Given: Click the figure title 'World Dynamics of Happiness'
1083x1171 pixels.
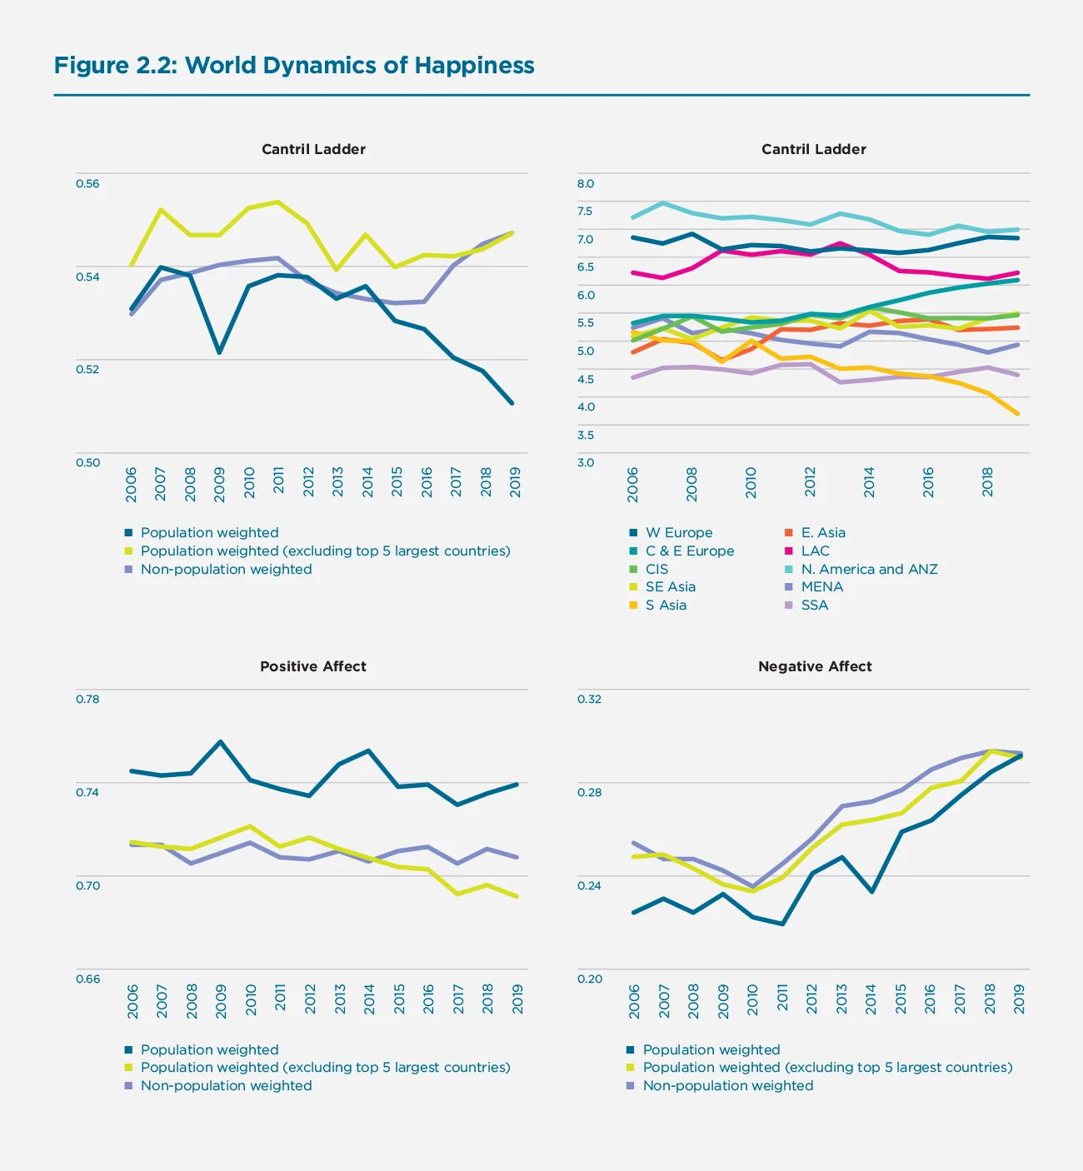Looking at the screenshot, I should point(359,66).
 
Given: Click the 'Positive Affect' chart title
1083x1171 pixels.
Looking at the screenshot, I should point(313,666).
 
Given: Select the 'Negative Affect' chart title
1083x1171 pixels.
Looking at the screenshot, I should point(815,666).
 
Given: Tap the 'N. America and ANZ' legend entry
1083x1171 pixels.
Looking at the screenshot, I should point(869,569).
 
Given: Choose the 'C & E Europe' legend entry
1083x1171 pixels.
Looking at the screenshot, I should point(689,551).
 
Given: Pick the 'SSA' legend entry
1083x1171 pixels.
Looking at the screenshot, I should point(814,605).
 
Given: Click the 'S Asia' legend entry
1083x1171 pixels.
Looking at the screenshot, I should point(666,605).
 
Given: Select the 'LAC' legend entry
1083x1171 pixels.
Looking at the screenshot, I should point(815,551).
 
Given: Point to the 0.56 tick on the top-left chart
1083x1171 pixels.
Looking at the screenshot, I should point(87,183).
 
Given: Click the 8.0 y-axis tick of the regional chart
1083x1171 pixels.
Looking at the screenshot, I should point(586,183).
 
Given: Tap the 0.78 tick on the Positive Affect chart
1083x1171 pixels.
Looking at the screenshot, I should point(87,699).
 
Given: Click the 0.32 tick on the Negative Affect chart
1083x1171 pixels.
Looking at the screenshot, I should point(589,699).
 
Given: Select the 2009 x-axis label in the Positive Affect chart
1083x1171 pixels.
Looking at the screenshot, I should point(221,1001).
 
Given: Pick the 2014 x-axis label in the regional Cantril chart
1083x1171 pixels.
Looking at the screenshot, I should point(869,483).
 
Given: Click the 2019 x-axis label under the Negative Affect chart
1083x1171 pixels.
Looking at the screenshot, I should point(1019,999).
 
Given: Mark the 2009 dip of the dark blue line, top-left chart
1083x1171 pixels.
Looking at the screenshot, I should point(219,352).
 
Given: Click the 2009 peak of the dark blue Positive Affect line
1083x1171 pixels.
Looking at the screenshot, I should point(220,741).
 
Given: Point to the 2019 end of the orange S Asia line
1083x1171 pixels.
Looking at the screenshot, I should point(1017,413).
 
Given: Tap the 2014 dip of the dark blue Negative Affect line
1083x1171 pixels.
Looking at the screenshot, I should point(871,891).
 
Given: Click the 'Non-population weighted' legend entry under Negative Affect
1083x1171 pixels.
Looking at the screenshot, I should point(727,1085).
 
